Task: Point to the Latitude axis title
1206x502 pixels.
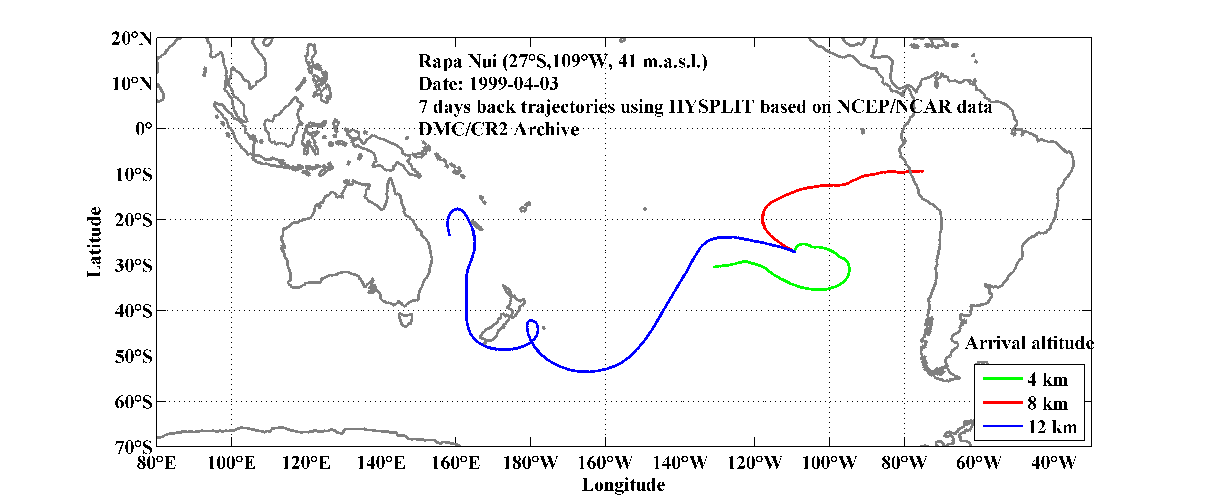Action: (94, 242)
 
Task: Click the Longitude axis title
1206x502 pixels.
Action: (623, 485)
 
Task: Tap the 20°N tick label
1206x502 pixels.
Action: (132, 38)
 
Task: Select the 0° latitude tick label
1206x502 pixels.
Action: (143, 129)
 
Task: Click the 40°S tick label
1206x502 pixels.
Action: (134, 311)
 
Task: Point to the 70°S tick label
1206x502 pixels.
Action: (134, 447)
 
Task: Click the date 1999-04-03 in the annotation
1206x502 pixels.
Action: (513, 84)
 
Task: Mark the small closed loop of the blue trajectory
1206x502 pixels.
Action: (532, 330)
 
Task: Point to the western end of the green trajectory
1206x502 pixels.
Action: (714, 267)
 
